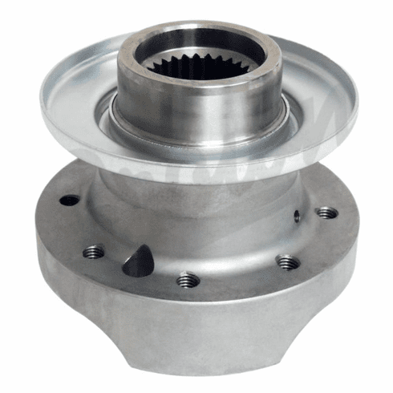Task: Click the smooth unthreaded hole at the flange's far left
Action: point(71,200)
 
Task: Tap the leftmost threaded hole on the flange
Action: point(94,252)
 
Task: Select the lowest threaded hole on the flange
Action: point(187,280)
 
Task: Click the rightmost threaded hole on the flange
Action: point(326,213)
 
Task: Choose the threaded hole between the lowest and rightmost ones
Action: point(287,261)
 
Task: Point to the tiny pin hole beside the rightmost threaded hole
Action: point(296,214)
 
